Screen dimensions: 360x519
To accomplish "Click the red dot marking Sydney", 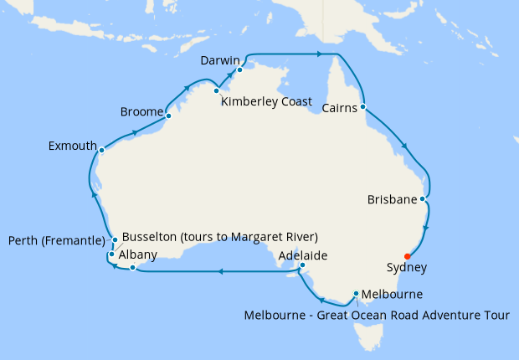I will (407, 256).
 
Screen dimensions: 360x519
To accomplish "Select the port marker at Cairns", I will (363, 107).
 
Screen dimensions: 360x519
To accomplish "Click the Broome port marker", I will (168, 116).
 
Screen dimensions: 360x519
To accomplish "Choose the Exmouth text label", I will (72, 146).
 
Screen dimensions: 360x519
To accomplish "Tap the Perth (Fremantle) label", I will (56, 241).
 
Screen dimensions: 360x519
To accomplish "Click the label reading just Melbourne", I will (392, 295).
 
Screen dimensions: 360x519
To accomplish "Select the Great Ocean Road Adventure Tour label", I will (428, 316).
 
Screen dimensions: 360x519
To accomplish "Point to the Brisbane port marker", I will (424, 199).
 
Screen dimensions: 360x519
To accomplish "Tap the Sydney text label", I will (408, 269).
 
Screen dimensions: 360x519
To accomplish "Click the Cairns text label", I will (341, 106).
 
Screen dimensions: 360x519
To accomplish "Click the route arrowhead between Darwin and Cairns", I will (320, 54).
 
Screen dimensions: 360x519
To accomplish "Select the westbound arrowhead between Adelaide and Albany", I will (220, 271).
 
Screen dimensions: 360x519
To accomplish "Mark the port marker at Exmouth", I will (101, 151).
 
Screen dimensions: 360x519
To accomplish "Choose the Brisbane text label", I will (392, 199).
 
